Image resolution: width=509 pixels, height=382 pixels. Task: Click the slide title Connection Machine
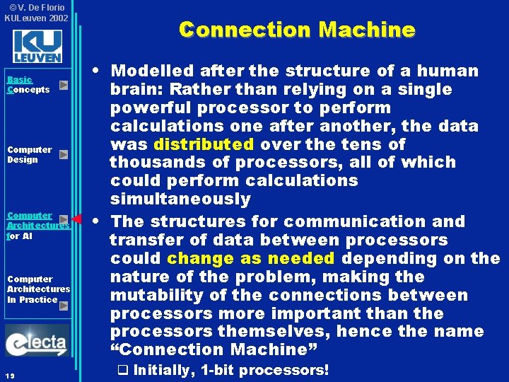(x=297, y=30)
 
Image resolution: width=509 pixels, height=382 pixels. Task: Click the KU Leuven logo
(x=37, y=45)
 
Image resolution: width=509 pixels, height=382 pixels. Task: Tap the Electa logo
(x=37, y=341)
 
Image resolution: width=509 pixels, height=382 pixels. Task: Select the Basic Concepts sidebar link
(x=28, y=85)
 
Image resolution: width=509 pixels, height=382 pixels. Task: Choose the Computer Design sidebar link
(x=29, y=154)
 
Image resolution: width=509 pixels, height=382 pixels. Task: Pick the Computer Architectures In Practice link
(x=38, y=289)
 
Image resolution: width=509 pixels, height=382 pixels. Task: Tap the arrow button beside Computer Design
(x=64, y=154)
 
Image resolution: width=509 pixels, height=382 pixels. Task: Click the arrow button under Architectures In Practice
(x=64, y=306)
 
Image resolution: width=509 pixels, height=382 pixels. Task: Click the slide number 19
(x=11, y=374)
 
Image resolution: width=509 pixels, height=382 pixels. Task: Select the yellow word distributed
(x=204, y=144)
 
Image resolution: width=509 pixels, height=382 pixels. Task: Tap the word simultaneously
(x=180, y=199)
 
